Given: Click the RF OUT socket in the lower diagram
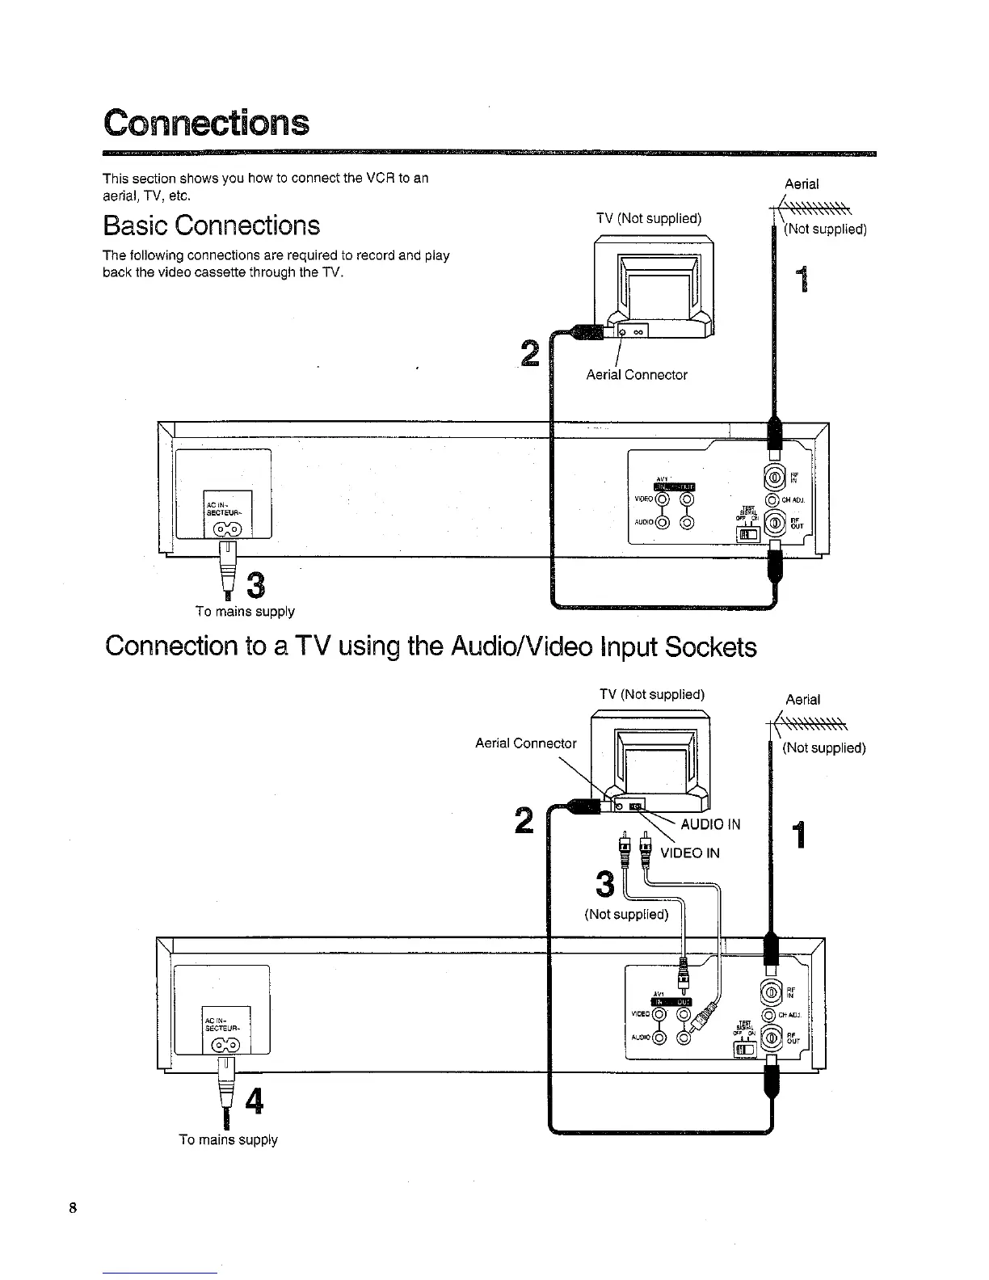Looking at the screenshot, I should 772,1038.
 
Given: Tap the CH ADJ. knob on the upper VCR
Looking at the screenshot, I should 771,499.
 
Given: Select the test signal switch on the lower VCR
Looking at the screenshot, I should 744,1050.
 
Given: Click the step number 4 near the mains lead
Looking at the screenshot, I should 253,1101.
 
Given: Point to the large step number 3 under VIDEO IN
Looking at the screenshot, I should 605,884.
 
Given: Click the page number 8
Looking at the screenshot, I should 73,1208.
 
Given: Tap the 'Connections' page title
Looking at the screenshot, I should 206,123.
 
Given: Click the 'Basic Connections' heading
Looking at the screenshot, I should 211,225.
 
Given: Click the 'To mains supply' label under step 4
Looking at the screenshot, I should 228,1139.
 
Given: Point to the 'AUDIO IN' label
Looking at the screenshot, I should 711,824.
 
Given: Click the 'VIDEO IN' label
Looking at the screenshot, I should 690,853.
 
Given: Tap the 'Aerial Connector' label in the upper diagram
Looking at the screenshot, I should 637,375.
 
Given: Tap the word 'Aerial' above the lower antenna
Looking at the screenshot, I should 802,699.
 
